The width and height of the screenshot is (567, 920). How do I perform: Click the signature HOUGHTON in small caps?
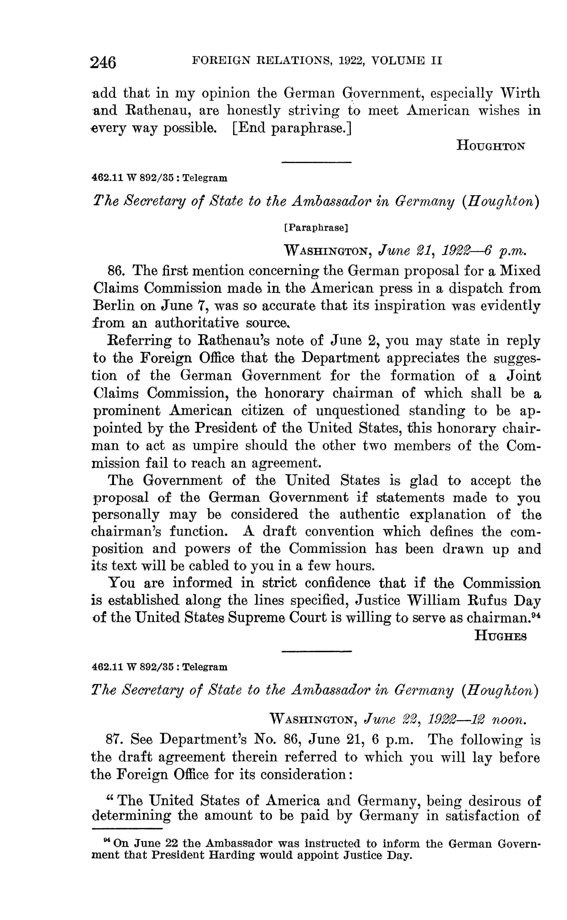[491, 145]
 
